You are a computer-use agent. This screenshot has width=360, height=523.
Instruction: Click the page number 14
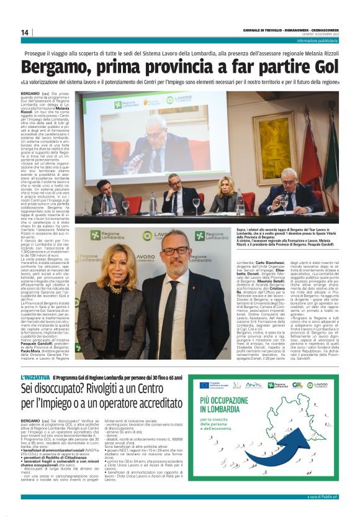(25, 32)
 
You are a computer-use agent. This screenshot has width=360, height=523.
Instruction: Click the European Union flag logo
(204, 385)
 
